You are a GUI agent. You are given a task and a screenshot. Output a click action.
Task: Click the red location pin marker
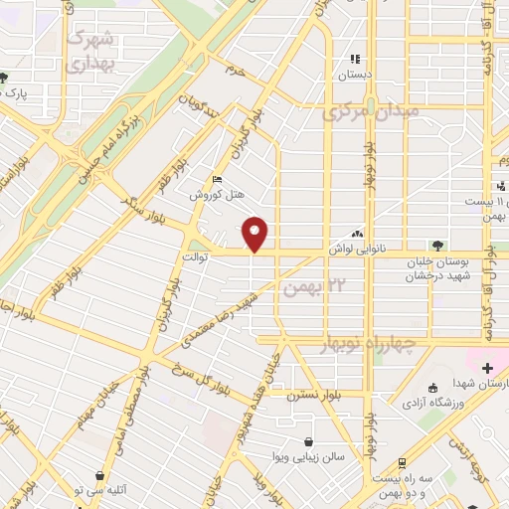pyautogui.click(x=256, y=234)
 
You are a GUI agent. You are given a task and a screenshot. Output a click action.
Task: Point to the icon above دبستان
pyautogui.click(x=355, y=60)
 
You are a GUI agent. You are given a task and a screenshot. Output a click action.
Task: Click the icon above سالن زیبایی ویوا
pyautogui.click(x=309, y=441)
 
